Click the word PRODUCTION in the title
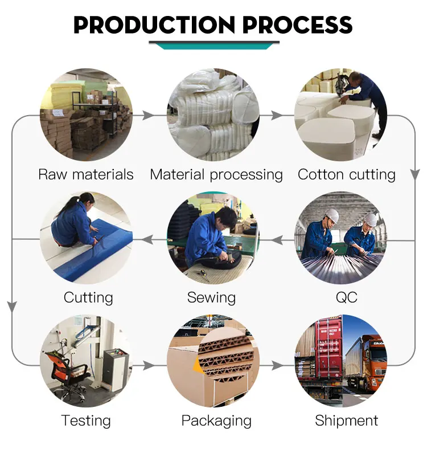tap(153, 25)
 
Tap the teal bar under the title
tap(213, 45)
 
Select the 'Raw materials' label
tap(86, 174)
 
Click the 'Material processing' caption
tap(216, 174)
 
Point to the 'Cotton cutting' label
tap(346, 174)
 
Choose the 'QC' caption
tap(347, 297)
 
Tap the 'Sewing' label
tap(211, 297)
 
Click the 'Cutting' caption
tap(88, 297)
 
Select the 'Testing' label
tap(86, 421)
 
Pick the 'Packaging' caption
tap(216, 421)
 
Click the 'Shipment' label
tap(346, 421)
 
